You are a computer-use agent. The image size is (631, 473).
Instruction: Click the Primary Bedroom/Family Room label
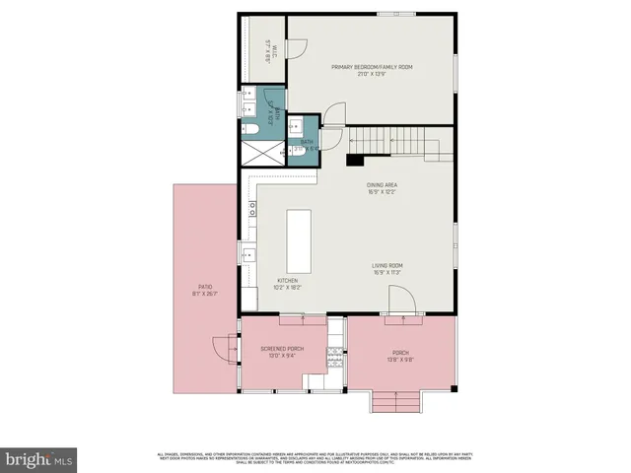[371, 66]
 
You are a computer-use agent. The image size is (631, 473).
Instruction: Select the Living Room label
[386, 265]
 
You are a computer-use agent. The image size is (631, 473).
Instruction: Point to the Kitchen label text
[287, 281]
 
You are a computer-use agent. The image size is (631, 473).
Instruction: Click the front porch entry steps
[393, 401]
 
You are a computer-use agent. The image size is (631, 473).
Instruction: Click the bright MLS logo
[39, 458]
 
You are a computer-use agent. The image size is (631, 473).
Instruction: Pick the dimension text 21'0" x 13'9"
[371, 74]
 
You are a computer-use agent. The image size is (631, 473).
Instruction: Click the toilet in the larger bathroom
[249, 128]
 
